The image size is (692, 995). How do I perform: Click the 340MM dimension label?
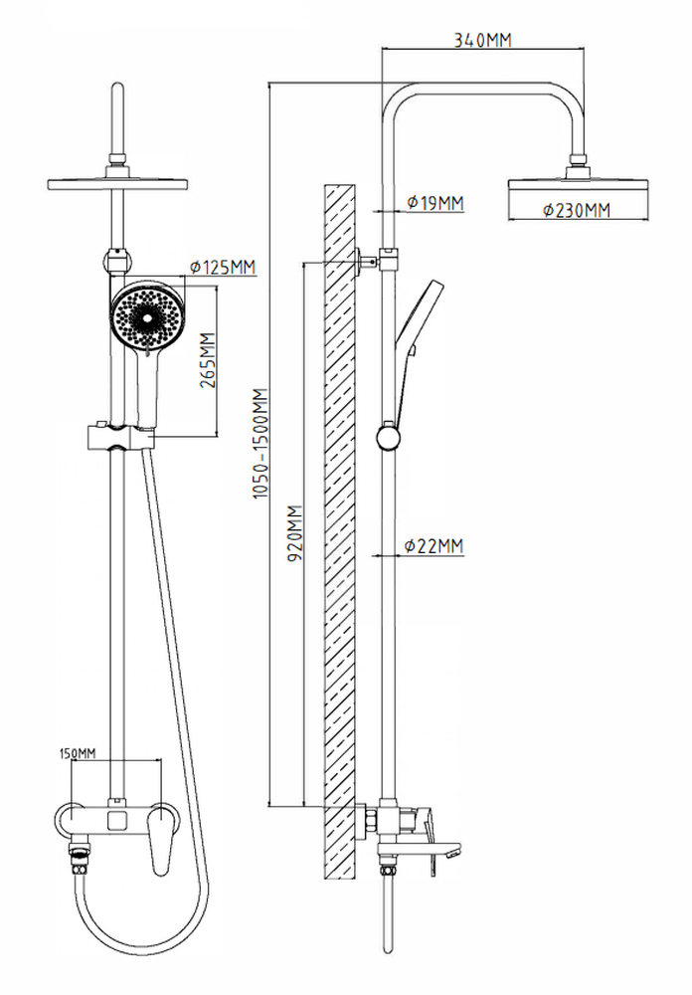point(482,40)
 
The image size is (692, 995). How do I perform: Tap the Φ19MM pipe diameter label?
point(435,203)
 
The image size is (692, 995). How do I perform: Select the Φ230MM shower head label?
point(577,210)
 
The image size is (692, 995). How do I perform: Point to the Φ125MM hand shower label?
point(223,267)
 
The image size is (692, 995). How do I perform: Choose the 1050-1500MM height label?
point(261,444)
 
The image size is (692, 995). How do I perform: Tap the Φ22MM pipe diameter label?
point(434,545)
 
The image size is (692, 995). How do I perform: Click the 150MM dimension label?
point(78,753)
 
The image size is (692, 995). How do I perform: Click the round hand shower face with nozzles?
point(147,315)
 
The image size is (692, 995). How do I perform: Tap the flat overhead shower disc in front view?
point(117,185)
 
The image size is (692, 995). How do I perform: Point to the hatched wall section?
point(339,531)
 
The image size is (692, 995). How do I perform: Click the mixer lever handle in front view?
point(164,839)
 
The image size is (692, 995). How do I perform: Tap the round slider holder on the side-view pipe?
point(388,437)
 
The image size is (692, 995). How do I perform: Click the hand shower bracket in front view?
point(120,437)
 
